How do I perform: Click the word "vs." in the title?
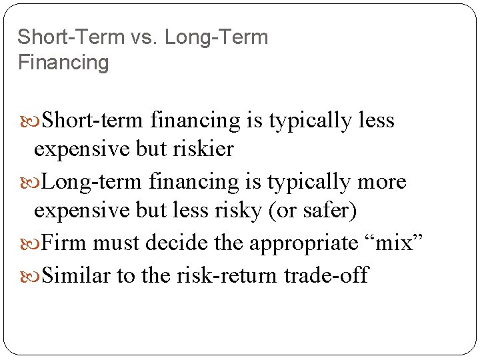[x=142, y=37]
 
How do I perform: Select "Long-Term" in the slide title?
[x=217, y=37]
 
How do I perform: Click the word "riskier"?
[x=200, y=149]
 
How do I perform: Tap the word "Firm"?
[x=64, y=242]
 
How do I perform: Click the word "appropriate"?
[x=304, y=243]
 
